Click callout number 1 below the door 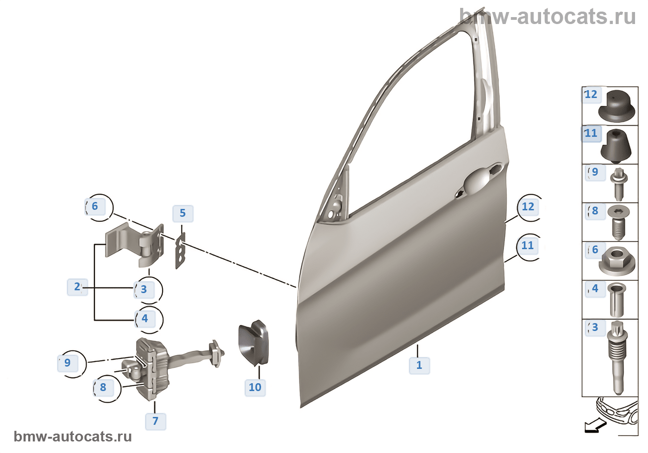(x=419, y=365)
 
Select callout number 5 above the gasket (x=182, y=213)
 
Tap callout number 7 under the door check (x=156, y=421)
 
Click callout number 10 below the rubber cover (x=255, y=387)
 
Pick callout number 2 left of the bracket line (x=77, y=287)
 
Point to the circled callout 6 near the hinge (x=95, y=206)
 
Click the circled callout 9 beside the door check (x=68, y=363)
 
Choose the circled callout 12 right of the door (x=528, y=207)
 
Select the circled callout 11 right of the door (x=528, y=245)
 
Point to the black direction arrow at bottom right (x=595, y=426)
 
